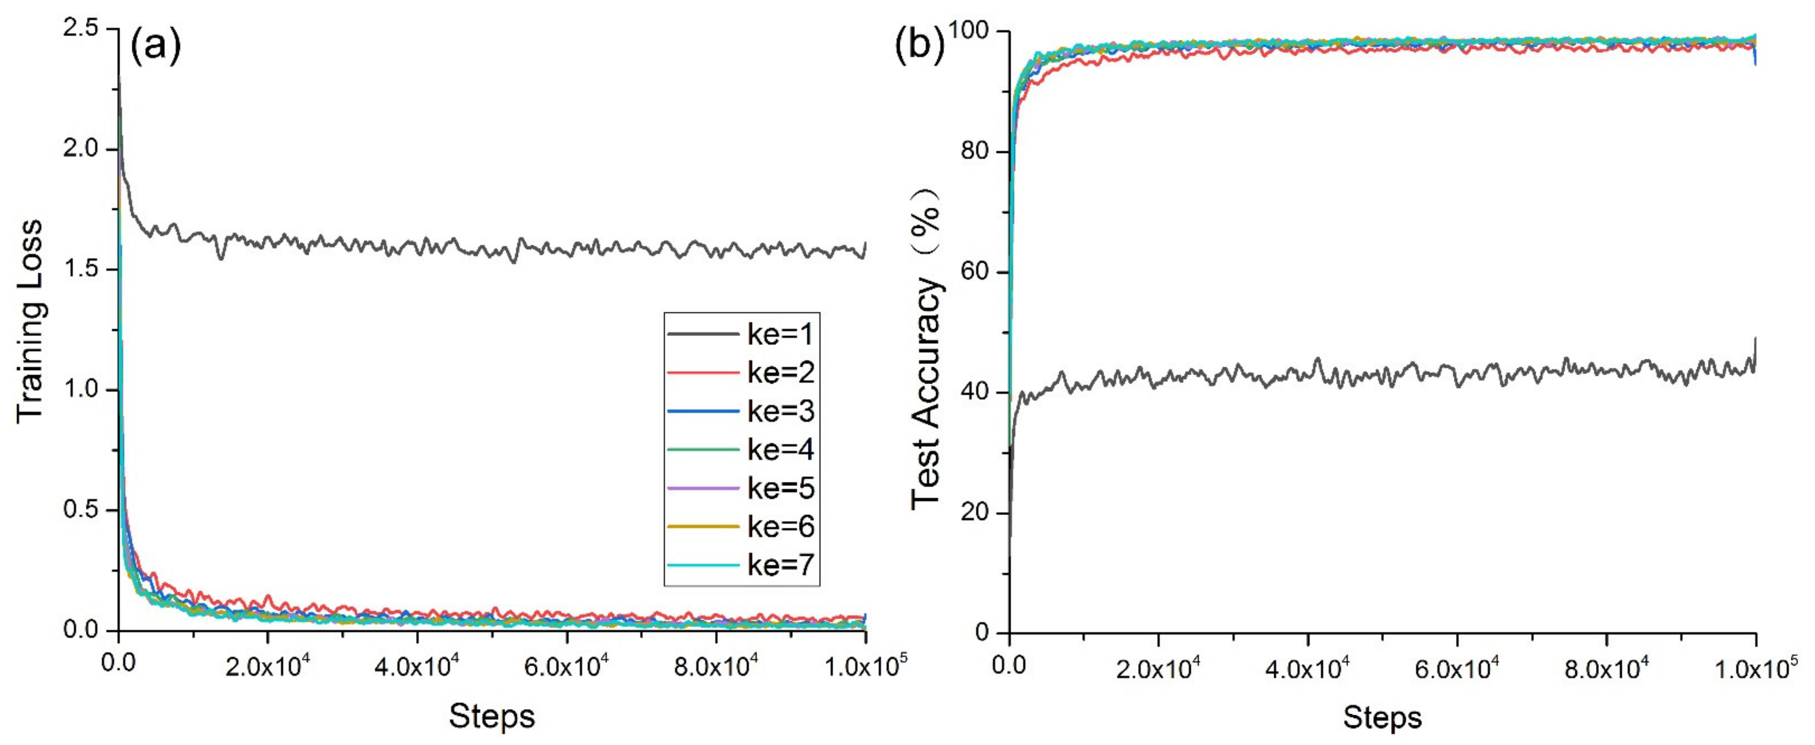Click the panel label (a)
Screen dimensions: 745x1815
pos(156,46)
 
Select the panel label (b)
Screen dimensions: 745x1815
pos(919,46)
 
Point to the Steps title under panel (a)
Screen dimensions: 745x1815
pos(492,716)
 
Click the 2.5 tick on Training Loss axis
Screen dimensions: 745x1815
pos(82,30)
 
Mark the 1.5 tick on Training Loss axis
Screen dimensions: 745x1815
pos(82,270)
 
